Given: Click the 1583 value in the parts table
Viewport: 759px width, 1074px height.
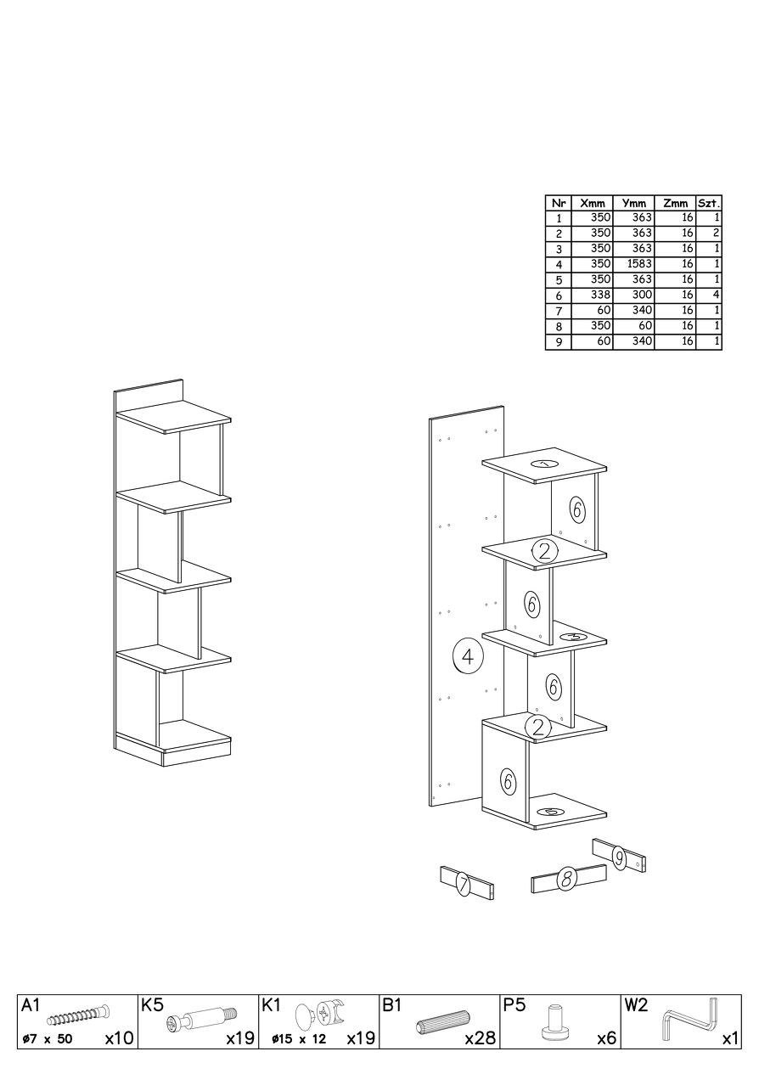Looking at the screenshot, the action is tap(639, 264).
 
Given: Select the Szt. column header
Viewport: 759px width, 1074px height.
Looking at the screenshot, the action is tap(709, 203).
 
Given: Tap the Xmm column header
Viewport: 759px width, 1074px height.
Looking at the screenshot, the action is tap(593, 203).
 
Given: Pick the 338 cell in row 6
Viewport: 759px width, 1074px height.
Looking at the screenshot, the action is tap(601, 295).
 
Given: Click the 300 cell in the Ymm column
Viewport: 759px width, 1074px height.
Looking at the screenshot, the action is tap(643, 295).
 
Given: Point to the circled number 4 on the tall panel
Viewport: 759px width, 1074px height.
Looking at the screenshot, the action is tap(468, 655).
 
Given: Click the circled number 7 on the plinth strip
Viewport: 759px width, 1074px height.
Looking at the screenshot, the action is tap(462, 884).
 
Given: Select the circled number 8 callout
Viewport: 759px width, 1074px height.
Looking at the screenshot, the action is tap(566, 879).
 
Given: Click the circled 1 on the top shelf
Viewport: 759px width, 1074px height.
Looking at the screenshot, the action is tap(544, 464).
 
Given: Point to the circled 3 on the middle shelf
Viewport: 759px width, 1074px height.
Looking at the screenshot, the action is tap(573, 638).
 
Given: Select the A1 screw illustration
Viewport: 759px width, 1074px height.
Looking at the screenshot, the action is tap(78, 1023).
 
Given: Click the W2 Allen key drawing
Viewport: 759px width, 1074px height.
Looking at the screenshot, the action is tap(690, 1027).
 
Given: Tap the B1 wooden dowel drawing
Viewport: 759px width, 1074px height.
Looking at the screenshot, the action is tap(442, 1026).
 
